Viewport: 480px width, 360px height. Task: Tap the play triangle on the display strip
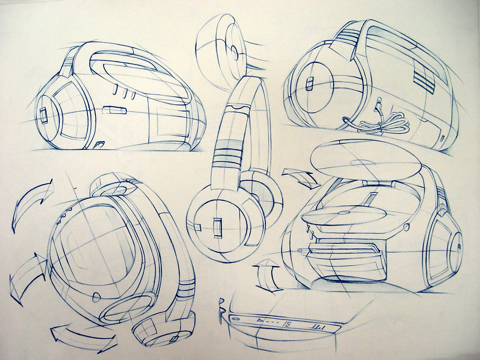pyautogui.click(x=260, y=322)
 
